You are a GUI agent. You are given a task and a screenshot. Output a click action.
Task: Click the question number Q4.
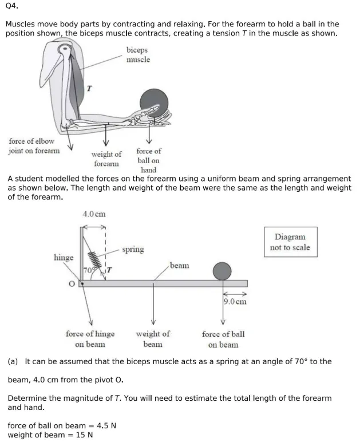click(11, 8)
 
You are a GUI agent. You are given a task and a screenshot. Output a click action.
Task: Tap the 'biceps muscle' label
click(139, 55)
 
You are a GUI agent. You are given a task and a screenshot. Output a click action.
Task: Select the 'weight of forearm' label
click(106, 159)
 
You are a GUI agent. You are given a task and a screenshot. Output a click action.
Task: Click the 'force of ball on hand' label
click(149, 160)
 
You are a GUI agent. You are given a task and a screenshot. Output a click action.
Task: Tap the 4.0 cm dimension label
click(94, 214)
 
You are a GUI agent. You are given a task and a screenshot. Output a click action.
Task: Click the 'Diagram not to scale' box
click(290, 242)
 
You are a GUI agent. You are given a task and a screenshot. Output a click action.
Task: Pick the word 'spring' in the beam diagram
click(133, 250)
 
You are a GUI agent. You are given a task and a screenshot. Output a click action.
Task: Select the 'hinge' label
click(64, 258)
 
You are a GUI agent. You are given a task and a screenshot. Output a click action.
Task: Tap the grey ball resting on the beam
click(222, 271)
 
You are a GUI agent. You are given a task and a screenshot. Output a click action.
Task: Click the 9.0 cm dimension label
click(235, 301)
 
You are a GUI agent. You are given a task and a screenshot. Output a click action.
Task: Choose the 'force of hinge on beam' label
click(90, 338)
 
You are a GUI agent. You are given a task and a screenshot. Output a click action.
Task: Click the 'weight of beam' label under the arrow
click(153, 338)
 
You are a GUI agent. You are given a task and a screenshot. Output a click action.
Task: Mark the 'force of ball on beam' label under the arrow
click(223, 338)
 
